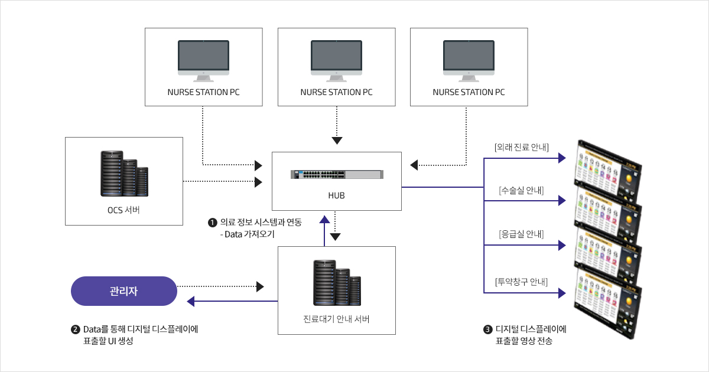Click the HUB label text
coord(336,195)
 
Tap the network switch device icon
coord(336,174)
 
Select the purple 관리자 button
coord(124,291)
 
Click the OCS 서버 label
coord(124,211)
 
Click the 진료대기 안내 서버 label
coord(336,320)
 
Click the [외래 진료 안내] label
coord(521,146)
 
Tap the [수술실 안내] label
coord(521,190)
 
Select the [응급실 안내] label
coord(521,234)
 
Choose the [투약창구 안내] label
coord(521,281)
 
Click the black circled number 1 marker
coord(212,223)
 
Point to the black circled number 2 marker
coord(75,329)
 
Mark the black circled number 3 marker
coord(487,329)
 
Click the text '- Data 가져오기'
coord(247,234)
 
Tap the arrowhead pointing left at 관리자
coord(190,302)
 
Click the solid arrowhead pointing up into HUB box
coord(324,219)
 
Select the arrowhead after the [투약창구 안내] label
coord(562,293)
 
